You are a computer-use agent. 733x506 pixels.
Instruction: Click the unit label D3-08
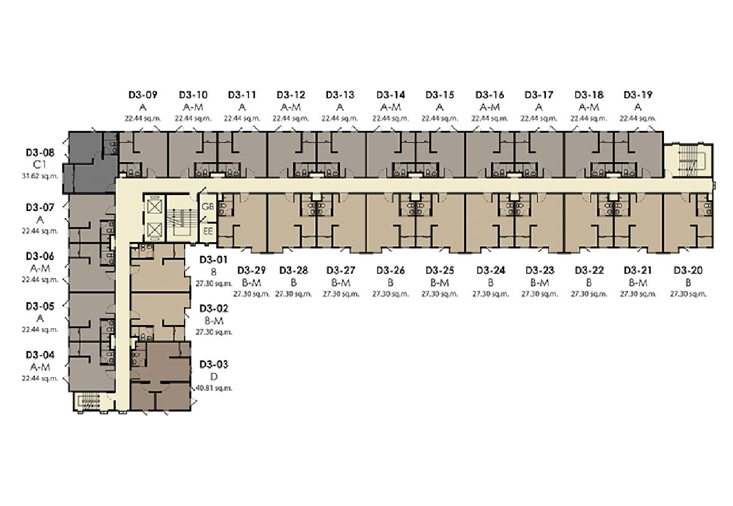click(40, 153)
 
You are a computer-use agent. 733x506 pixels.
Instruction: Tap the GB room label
click(208, 207)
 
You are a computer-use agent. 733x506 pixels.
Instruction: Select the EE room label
click(208, 231)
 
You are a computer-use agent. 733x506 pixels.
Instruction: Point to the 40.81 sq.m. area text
click(214, 388)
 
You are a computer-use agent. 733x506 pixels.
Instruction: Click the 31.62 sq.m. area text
click(40, 176)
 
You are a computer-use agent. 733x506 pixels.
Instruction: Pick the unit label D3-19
click(638, 95)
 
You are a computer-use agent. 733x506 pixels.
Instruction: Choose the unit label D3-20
click(688, 270)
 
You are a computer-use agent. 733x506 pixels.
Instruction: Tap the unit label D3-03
click(214, 364)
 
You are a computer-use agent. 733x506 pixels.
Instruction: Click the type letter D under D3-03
click(214, 376)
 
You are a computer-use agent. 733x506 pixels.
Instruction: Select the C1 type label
click(40, 164)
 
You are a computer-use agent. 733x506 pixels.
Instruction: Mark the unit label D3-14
click(391, 95)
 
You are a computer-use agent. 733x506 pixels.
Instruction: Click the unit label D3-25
click(440, 270)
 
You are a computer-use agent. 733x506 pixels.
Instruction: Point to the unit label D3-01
click(213, 260)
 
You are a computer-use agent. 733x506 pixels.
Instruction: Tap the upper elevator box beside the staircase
click(155, 207)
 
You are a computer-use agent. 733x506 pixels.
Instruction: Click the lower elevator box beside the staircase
click(155, 230)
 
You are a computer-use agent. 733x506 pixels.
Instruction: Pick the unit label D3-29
click(251, 270)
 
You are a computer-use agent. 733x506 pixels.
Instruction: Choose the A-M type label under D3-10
click(193, 107)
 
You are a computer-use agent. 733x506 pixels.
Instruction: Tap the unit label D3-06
click(40, 256)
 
